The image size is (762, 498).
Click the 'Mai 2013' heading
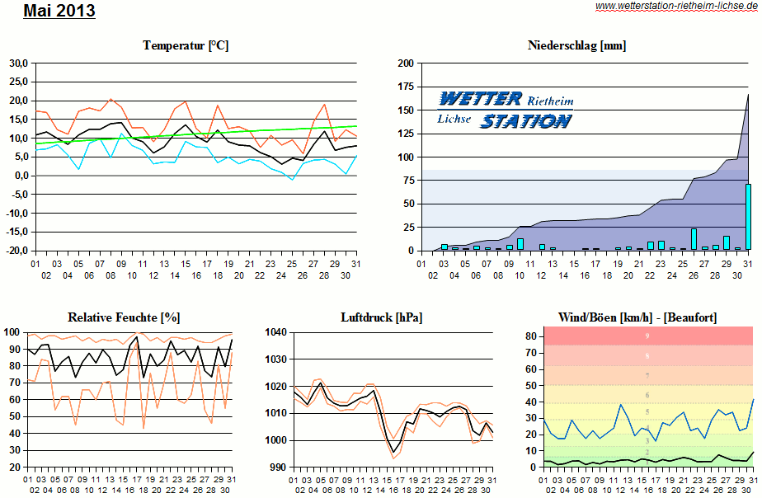coord(59,12)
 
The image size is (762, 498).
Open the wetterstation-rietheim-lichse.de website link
coord(676,6)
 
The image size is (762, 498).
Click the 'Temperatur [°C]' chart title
coord(186,45)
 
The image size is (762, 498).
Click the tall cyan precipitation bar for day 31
coord(748,216)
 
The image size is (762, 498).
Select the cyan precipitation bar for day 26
coord(694,239)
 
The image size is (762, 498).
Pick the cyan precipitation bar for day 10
coord(520,244)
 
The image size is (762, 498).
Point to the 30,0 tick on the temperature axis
coord(18,63)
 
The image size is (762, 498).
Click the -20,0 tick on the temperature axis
coord(16,251)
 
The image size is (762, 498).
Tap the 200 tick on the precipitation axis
coord(405,63)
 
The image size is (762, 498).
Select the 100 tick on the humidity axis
coord(12,332)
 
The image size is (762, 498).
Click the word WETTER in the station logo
coord(480,99)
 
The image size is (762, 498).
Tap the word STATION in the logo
coord(525,121)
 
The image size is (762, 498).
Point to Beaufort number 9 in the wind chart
coord(647,336)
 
